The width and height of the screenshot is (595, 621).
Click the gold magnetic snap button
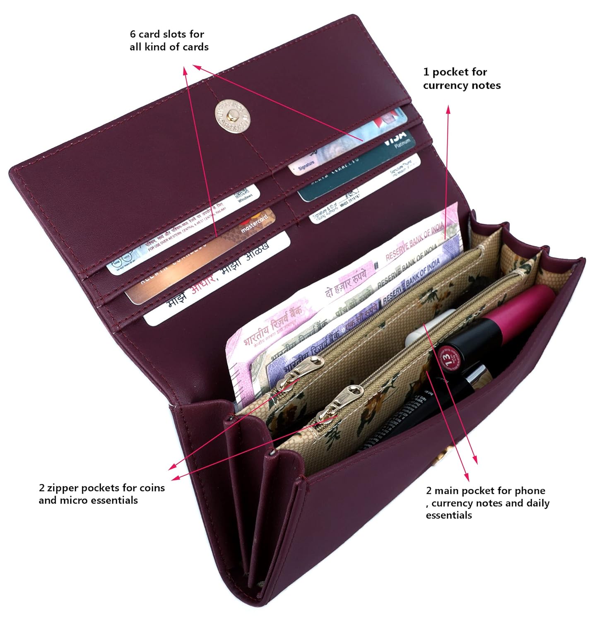(x=232, y=116)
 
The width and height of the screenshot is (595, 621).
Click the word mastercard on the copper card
(x=254, y=224)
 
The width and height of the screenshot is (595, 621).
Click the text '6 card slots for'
(x=167, y=34)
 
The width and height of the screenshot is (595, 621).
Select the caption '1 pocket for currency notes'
(x=461, y=78)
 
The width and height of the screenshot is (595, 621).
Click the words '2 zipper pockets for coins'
(x=102, y=488)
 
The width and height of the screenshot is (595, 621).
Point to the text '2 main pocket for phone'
(x=485, y=491)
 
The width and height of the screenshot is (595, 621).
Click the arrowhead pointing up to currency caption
(x=448, y=108)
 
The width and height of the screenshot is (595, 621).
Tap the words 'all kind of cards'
(x=169, y=47)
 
